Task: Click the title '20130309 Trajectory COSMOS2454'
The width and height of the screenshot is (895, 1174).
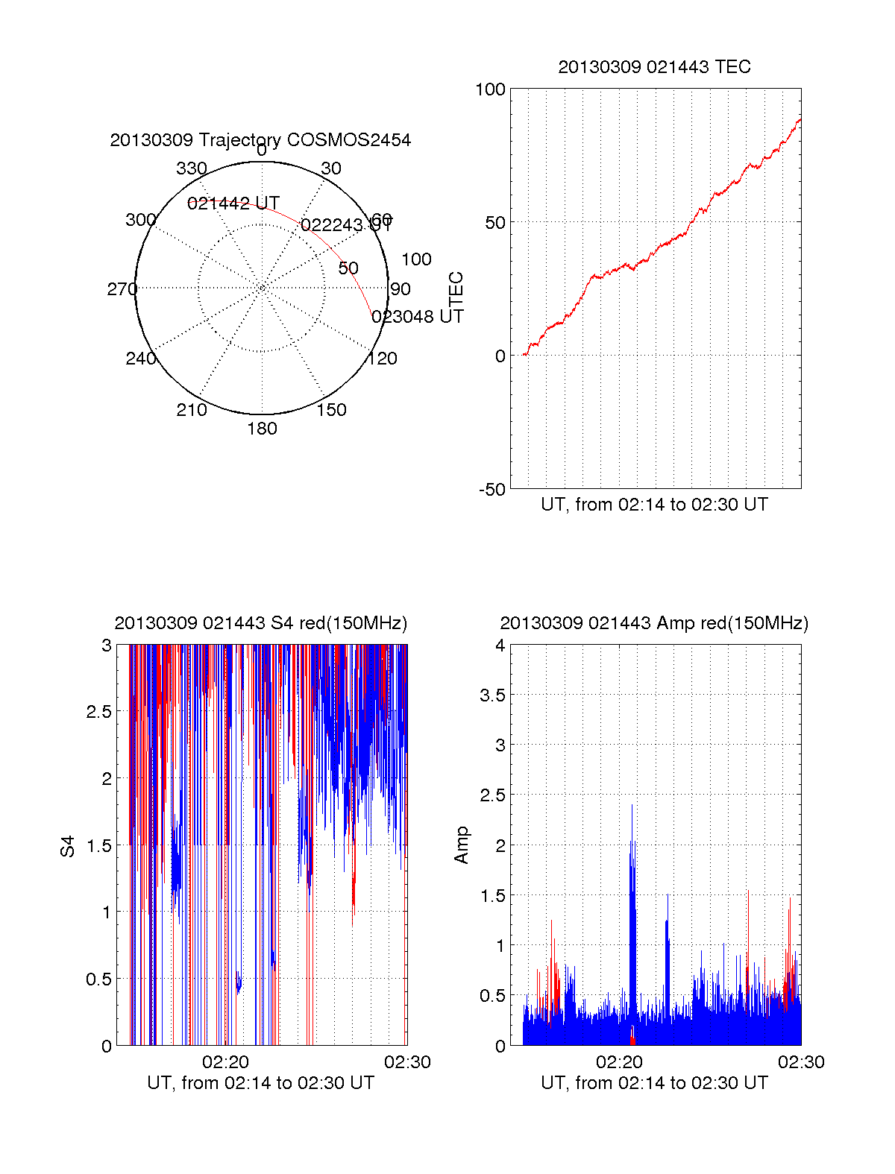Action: pos(260,140)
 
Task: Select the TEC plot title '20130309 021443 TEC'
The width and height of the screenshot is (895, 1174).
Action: pos(654,67)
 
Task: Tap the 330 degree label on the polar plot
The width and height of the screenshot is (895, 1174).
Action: pos(191,168)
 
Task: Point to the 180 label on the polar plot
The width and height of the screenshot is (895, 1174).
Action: pos(262,429)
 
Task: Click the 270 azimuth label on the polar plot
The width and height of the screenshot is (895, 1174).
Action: pos(122,289)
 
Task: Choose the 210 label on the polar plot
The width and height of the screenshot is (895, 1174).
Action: pos(191,410)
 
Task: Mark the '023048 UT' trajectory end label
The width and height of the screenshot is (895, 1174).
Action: pos(418,317)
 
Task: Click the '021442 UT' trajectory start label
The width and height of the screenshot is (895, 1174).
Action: pos(233,203)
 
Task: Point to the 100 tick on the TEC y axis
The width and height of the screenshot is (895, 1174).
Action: pos(490,89)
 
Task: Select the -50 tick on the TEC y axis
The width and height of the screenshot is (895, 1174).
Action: pos(492,490)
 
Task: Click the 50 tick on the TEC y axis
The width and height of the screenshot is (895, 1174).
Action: pos(495,223)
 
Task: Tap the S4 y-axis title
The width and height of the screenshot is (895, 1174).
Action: pos(68,846)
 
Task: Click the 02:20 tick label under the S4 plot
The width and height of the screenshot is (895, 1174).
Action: pos(225,1062)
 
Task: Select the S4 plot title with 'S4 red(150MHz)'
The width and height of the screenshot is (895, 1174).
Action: pos(260,623)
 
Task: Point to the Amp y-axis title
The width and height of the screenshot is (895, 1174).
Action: pos(462,845)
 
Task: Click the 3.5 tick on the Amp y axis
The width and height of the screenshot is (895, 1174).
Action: pos(492,695)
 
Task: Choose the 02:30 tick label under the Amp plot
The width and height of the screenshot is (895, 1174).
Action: pos(801,1062)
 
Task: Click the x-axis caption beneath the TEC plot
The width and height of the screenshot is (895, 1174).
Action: pos(654,505)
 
